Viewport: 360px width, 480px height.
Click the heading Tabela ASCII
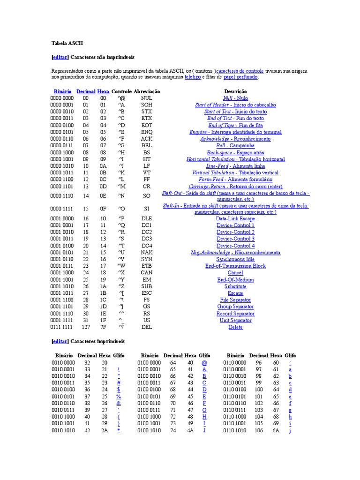pos(67,43)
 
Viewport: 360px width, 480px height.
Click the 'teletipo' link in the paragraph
pos(192,77)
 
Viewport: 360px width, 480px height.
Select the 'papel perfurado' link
pos(240,77)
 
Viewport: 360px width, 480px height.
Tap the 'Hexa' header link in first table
pos(103,91)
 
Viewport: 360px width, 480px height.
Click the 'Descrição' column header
pos(235,91)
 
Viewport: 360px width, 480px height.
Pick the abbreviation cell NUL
pos(147,98)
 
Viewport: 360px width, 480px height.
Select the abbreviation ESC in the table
pos(147,293)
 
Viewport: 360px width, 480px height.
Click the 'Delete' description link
pos(235,327)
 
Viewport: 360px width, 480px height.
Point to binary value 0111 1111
pos(62,327)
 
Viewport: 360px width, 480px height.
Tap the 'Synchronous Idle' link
pos(235,259)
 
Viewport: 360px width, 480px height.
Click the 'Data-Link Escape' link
pos(235,219)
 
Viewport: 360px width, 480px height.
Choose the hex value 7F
pos(103,327)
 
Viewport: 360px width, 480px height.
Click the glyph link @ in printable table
pos(204,363)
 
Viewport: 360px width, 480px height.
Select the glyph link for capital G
pos(204,410)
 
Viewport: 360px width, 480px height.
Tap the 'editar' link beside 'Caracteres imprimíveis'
pos(60,341)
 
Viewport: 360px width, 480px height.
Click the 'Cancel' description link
pos(235,273)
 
